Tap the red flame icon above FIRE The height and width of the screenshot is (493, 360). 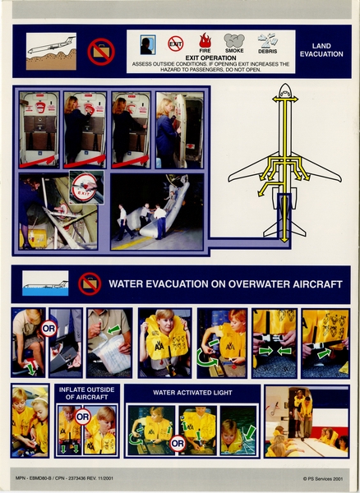[x=205, y=40]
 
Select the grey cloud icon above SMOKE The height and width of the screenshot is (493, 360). [x=234, y=40]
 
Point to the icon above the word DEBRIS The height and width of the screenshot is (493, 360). [x=268, y=39]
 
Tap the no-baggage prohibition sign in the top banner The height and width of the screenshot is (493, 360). [x=100, y=50]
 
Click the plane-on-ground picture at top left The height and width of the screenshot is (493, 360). [x=50, y=50]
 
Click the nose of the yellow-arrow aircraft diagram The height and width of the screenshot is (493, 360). [x=285, y=89]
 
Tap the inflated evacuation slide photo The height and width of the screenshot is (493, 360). [x=156, y=211]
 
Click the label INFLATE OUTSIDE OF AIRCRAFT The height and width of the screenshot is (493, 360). [x=87, y=394]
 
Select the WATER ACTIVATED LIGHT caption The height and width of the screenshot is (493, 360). [x=192, y=393]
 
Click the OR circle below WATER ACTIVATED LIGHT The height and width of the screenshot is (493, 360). [x=176, y=444]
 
